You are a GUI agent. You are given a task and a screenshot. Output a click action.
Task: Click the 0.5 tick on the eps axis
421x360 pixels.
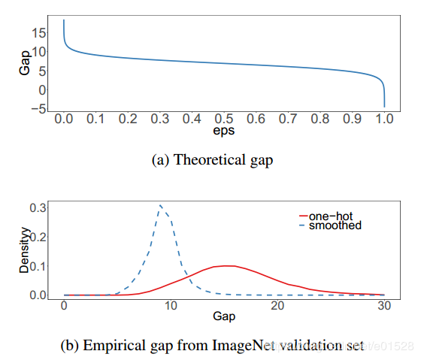[x=224, y=119]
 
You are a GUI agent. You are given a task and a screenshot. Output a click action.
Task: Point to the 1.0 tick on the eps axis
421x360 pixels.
[x=384, y=119]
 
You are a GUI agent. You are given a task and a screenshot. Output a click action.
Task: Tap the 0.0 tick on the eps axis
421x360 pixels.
[x=64, y=119]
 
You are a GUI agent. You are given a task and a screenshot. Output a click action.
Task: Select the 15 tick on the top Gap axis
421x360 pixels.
[x=39, y=33]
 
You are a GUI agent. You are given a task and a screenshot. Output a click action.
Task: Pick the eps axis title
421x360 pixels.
[x=224, y=132]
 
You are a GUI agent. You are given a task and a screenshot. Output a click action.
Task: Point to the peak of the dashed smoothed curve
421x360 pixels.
[x=160, y=205]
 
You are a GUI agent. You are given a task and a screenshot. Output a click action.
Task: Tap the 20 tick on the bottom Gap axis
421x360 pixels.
[x=277, y=307]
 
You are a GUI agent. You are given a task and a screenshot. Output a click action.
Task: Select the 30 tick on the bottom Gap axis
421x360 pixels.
[x=384, y=307]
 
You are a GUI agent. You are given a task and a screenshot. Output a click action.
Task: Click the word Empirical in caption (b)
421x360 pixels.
[x=114, y=346]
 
